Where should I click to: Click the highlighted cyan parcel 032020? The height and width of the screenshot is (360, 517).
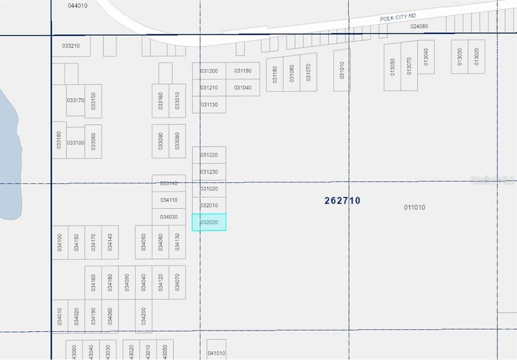click(x=209, y=222)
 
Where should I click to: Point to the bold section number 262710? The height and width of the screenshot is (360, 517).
click(x=342, y=201)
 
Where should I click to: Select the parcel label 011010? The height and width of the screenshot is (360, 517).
click(x=415, y=207)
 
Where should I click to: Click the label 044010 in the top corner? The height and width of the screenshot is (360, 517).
click(x=77, y=6)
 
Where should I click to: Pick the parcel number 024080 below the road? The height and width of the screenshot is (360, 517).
click(x=419, y=26)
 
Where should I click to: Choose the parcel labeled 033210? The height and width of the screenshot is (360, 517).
click(x=71, y=46)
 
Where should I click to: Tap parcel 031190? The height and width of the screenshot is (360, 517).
click(x=243, y=71)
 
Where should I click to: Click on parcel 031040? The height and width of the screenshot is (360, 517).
click(x=243, y=87)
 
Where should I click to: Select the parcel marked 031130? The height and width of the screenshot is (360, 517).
click(x=209, y=105)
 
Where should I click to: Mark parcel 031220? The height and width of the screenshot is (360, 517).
click(x=209, y=155)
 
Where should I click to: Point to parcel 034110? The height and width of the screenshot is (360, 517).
click(x=169, y=200)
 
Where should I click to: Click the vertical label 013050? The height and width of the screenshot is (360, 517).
click(x=392, y=66)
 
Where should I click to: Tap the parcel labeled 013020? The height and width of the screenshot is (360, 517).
click(x=476, y=57)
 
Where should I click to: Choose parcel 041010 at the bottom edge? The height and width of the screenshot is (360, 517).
click(x=216, y=353)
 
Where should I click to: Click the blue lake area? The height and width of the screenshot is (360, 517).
click(x=9, y=162)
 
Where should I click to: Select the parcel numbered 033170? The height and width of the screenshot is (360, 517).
click(x=75, y=100)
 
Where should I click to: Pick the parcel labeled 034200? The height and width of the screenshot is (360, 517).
click(x=143, y=316)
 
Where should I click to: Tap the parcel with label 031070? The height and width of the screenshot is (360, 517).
click(x=308, y=72)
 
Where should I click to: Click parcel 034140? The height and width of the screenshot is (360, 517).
click(x=110, y=242)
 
